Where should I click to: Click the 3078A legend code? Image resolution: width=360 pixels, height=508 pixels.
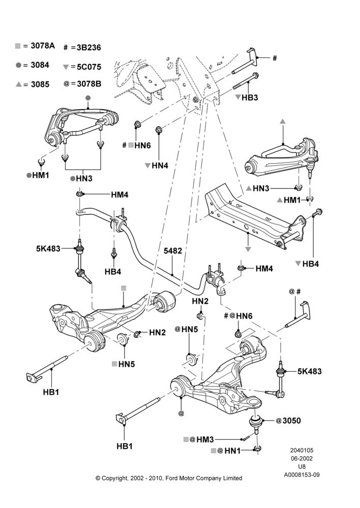click(x=43, y=46)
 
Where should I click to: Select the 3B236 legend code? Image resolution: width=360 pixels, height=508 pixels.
click(x=88, y=48)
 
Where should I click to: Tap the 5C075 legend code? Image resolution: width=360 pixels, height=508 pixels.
click(x=89, y=67)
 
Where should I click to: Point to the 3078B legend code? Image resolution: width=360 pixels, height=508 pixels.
click(x=89, y=84)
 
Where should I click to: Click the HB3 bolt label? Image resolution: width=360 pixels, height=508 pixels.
click(x=250, y=98)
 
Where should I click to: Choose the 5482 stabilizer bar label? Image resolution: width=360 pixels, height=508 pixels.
click(x=172, y=251)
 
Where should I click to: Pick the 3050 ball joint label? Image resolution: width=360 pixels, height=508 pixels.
click(x=291, y=421)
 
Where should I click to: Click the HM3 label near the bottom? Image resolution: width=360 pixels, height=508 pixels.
click(x=205, y=439)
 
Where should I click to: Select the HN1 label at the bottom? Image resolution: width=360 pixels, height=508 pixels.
click(x=232, y=450)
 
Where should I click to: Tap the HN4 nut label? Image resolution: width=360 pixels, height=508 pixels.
click(x=160, y=166)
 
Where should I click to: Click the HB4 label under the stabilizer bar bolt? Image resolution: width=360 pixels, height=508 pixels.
click(x=113, y=271)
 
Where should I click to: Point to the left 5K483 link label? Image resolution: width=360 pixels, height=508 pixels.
click(x=48, y=248)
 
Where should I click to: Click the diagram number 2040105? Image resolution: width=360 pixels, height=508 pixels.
click(x=302, y=450)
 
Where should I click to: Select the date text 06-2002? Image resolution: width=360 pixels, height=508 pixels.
click(x=302, y=458)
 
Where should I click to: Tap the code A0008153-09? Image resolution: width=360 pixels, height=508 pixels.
click(x=302, y=475)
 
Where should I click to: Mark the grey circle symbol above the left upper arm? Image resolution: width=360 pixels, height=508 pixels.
click(x=88, y=98)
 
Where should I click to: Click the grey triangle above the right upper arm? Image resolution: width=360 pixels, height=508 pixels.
click(x=283, y=121)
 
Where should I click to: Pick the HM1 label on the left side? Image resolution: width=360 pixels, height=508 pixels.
click(x=41, y=175)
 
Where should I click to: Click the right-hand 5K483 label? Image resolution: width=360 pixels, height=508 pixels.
click(x=310, y=371)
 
